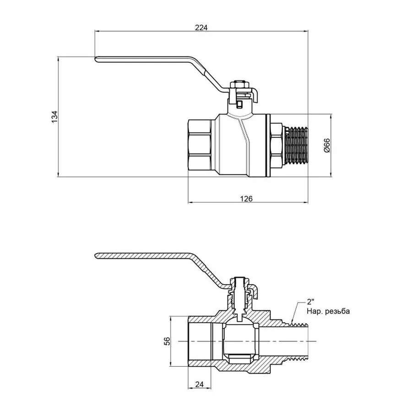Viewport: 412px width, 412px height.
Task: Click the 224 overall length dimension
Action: pos(201,27)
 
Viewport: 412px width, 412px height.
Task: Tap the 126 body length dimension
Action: pos(247,198)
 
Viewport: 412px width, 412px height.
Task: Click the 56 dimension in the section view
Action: pos(168,341)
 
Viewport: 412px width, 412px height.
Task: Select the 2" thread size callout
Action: pos(311,302)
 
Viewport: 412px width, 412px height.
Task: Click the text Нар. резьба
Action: pos(328,311)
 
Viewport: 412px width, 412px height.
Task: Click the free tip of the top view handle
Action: pos(98,58)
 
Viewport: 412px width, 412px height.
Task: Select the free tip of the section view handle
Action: pos(98,255)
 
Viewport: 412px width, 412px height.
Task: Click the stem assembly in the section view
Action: pos(239,298)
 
